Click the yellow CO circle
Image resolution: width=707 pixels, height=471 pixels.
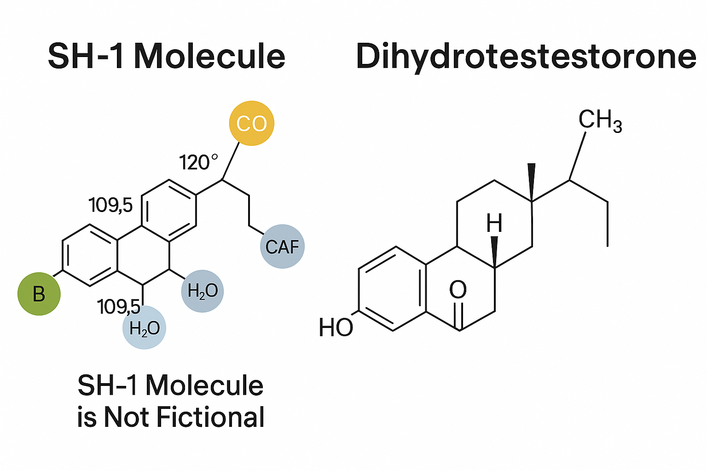pos(251,123)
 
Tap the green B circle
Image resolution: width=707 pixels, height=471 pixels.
pos(39,293)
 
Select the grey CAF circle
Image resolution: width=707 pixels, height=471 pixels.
pos(282,247)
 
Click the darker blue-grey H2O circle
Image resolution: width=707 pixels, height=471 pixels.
pos(203,291)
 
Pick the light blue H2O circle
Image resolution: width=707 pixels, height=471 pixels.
pos(145,328)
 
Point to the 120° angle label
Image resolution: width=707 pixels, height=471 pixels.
pos(198,163)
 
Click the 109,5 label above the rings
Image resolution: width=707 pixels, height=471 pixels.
pos(110,205)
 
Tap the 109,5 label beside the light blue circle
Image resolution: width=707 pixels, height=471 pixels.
pos(118,307)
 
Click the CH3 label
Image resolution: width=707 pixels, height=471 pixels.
pos(600,121)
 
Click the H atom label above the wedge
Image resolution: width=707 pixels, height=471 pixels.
pos(494,224)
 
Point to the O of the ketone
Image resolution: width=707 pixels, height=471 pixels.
pos(458,290)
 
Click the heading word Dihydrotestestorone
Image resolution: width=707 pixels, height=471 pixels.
pos(526,57)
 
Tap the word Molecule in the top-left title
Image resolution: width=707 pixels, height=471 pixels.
pos(210,57)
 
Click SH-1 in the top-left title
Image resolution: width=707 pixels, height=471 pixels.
pos(86,57)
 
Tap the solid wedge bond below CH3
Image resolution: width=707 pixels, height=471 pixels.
pos(532,182)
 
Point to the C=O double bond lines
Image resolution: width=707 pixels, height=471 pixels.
pos(458,316)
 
